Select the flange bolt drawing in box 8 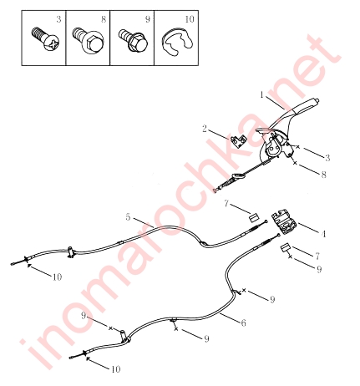point(88,39)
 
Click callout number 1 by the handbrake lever point(261,94)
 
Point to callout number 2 point(205,129)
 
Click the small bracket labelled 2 point(239,140)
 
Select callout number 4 point(323,234)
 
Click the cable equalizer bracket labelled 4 point(284,223)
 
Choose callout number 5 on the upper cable point(128,217)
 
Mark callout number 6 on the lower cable point(243,323)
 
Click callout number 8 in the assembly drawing point(323,175)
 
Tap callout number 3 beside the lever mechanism point(327,158)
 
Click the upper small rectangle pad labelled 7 point(254,217)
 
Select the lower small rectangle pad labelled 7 point(285,248)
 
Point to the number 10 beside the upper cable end point(57,277)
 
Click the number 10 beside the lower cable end point(115,369)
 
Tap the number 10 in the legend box point(190,19)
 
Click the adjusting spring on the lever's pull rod point(226,185)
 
